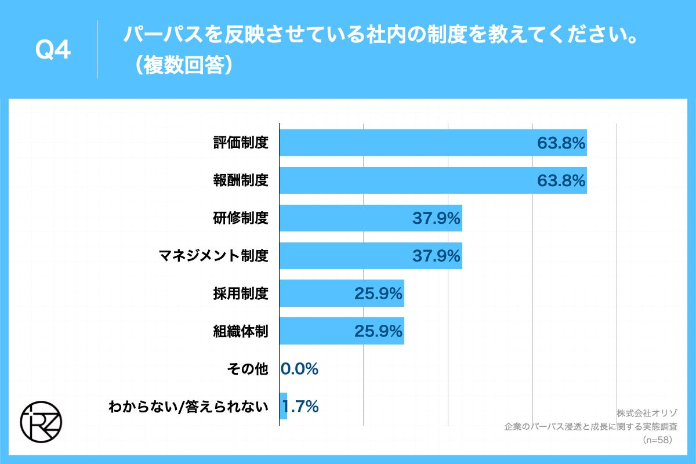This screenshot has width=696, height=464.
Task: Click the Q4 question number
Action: tap(53, 52)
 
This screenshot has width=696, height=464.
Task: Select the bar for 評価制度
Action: tap(406, 143)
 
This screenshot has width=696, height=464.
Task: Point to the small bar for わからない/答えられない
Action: tap(283, 407)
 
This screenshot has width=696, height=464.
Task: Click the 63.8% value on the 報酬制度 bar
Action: tap(561, 180)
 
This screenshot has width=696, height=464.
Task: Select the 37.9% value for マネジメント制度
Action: tap(436, 256)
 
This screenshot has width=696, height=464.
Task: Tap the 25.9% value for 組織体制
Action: tap(378, 331)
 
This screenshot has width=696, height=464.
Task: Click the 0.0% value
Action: tap(300, 369)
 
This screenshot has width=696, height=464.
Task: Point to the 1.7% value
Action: tap(301, 407)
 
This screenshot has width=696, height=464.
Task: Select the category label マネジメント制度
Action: tap(214, 256)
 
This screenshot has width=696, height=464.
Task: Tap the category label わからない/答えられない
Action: tap(188, 407)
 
